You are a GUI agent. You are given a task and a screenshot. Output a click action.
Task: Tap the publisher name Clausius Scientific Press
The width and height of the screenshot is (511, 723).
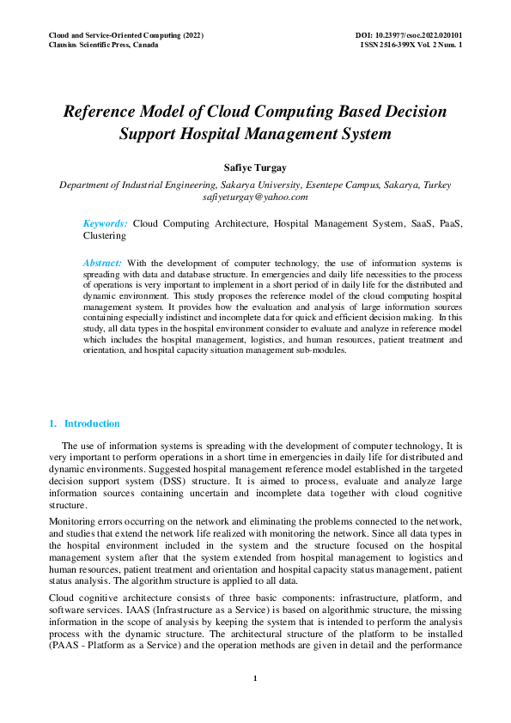point(104,45)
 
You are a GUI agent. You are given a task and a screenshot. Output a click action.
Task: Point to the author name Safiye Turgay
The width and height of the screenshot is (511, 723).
point(255,167)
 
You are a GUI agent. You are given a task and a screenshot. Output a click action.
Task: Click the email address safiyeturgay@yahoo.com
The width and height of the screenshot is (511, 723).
point(255,197)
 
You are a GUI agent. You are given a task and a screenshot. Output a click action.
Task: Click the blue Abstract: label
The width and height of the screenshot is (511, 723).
point(102,262)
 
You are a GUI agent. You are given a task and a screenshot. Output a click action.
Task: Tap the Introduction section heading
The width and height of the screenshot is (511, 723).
point(92,423)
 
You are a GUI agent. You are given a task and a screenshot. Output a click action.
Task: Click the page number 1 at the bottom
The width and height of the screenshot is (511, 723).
point(255,679)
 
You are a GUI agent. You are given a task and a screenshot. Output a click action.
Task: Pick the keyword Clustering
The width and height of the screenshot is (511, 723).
point(104,234)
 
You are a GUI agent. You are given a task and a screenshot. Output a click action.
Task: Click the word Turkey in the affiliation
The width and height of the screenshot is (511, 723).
point(435,185)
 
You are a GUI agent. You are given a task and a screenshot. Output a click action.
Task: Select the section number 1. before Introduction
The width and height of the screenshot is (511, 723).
point(53,423)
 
